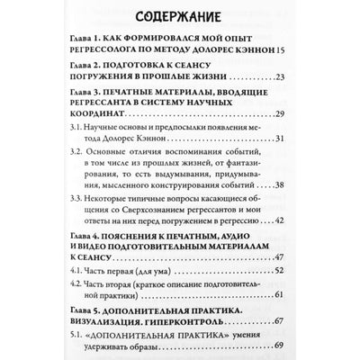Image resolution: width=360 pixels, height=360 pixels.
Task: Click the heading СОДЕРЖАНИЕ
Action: coord(179,16)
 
